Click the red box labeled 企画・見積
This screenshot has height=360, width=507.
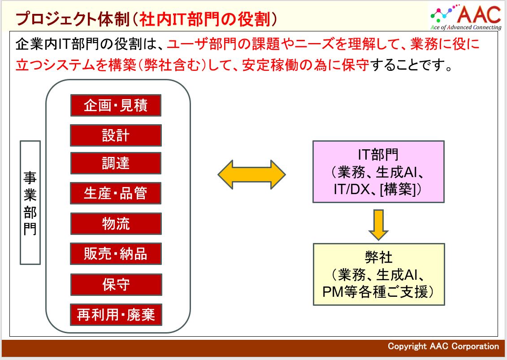pos(116,105)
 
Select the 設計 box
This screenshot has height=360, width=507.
pos(116,135)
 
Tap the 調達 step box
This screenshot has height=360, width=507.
pos(116,164)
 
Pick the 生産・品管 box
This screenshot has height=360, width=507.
pos(116,194)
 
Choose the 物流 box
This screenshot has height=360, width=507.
pos(116,224)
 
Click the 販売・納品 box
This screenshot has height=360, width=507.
pos(116,254)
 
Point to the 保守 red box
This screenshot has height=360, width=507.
pos(116,284)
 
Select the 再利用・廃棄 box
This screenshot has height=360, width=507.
pos(116,315)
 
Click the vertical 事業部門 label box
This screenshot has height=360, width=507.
pos(30,203)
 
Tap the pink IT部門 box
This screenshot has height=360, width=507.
pos(378,172)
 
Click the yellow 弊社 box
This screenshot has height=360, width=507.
pos(379,274)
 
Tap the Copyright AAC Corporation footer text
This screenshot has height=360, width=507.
pos(443,346)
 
